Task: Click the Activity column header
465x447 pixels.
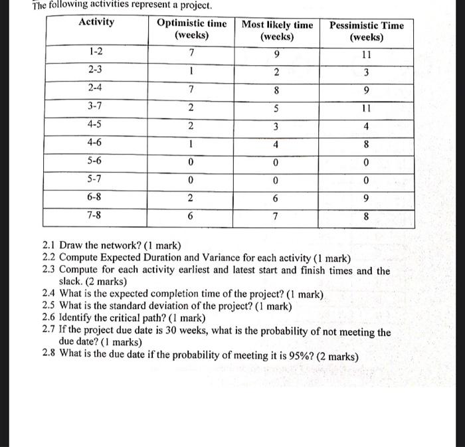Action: [96, 22]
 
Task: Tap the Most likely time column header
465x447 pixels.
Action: [277, 31]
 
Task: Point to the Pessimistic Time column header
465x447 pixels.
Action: [367, 31]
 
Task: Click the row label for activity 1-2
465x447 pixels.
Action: [96, 51]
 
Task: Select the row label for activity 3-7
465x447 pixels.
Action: [96, 106]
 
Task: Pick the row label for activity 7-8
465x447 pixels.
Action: [96, 215]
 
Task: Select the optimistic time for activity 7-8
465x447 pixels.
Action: [191, 216]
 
